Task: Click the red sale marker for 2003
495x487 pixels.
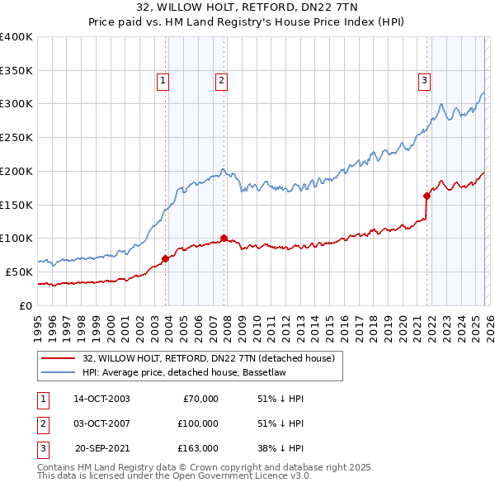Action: (165, 258)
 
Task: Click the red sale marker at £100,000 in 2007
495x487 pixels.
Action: (224, 238)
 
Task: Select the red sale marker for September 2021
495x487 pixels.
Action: (427, 196)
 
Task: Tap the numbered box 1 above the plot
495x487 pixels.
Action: (163, 81)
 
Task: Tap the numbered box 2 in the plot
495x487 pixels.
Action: (222, 81)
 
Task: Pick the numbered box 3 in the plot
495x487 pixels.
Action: (423, 81)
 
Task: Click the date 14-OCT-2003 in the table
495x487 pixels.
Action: (101, 399)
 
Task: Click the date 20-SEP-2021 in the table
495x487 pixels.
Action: (102, 448)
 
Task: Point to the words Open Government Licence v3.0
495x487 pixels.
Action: (241, 475)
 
